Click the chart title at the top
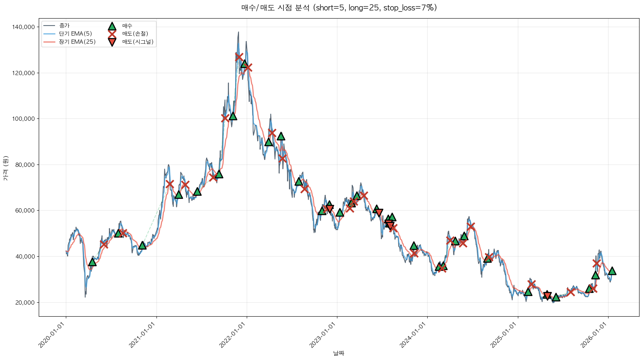click(x=339, y=8)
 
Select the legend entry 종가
click(x=64, y=26)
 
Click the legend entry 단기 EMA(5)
click(x=75, y=34)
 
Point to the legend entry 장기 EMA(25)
click(x=77, y=42)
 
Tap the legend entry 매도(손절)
click(x=135, y=34)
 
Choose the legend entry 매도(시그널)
click(x=138, y=42)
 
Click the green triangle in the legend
click(x=112, y=26)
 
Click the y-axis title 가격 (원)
click(x=5, y=168)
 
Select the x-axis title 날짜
click(x=339, y=353)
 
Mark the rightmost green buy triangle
click(x=612, y=271)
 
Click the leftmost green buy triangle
click(x=92, y=262)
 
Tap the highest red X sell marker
click(x=239, y=57)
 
